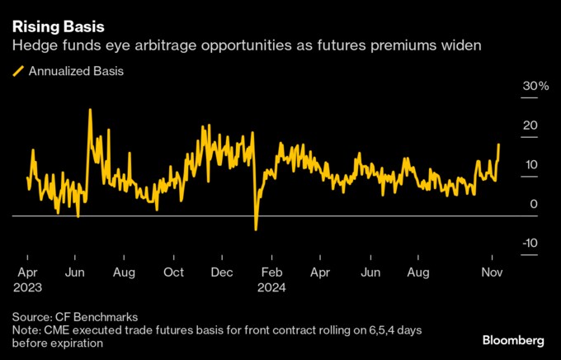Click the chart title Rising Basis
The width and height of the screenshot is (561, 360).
click(x=59, y=27)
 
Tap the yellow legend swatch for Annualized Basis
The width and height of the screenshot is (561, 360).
click(x=18, y=71)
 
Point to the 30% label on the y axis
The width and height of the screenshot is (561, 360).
click(x=535, y=86)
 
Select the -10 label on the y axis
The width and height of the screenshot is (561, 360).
click(x=530, y=243)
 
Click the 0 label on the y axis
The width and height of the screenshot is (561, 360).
click(x=534, y=204)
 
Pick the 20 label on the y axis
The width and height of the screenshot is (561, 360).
click(x=530, y=126)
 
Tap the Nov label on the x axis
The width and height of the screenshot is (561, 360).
click(x=492, y=272)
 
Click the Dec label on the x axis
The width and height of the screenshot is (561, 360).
click(x=222, y=272)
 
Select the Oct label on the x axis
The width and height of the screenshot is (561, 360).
click(x=173, y=272)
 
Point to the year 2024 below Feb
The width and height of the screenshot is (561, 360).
click(x=271, y=287)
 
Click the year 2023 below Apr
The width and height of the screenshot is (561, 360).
click(x=27, y=287)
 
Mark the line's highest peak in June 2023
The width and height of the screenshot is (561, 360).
click(x=90, y=110)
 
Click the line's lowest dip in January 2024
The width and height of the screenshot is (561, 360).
click(x=256, y=230)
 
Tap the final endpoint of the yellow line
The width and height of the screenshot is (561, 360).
click(x=499, y=144)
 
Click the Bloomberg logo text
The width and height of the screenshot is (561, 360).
click(x=513, y=340)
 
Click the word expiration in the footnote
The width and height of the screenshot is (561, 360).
click(x=77, y=343)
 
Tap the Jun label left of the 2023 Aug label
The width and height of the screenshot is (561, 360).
click(x=75, y=272)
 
